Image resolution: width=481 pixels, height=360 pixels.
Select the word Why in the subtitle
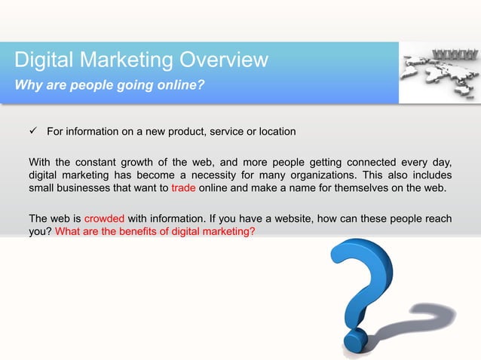click(x=29, y=84)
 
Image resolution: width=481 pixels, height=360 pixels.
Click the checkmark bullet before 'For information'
click(x=32, y=133)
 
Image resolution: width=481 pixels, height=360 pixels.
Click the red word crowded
click(x=104, y=219)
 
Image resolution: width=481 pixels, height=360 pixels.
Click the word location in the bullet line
click(x=274, y=133)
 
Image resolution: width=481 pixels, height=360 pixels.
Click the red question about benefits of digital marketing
click(x=155, y=232)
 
